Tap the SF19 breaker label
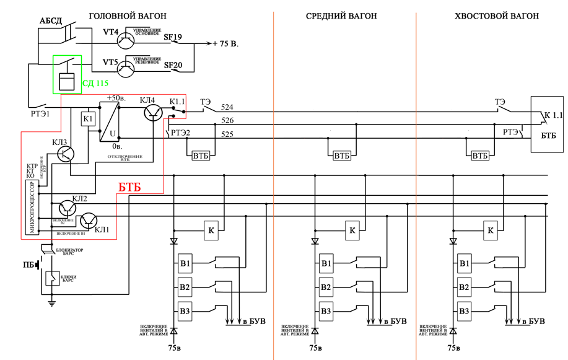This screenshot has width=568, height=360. click(173, 37)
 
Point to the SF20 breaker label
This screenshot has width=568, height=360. click(173, 64)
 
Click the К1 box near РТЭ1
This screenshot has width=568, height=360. click(89, 118)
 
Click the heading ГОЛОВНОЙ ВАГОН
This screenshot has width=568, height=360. click(128, 15)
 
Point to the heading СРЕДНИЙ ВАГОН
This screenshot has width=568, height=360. click(341, 15)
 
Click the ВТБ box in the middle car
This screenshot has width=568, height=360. click(342, 156)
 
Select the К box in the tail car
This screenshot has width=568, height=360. click(491, 230)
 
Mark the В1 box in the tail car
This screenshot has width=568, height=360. click(464, 263)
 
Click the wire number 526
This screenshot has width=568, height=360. click(227, 121)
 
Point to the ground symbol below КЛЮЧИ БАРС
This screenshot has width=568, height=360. click(52, 303)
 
